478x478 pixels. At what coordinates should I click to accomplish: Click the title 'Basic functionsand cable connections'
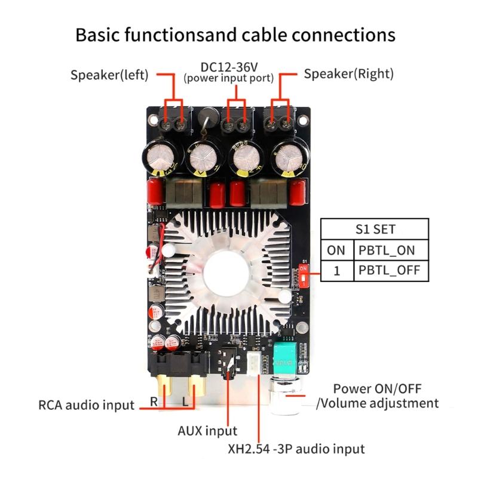click(235, 34)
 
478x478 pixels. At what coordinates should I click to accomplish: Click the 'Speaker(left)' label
click(111, 75)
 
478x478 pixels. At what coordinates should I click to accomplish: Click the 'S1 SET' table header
click(375, 229)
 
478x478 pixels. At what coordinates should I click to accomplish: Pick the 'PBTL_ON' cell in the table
click(392, 249)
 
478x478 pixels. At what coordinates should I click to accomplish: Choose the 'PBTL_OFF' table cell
click(392, 270)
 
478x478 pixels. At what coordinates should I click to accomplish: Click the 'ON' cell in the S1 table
click(337, 249)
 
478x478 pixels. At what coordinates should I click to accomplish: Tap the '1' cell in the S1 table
click(337, 270)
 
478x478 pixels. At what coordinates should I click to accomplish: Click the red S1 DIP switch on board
click(304, 276)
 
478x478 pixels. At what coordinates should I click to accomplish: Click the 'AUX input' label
click(207, 430)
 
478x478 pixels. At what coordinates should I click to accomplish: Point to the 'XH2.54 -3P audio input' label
click(296, 448)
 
